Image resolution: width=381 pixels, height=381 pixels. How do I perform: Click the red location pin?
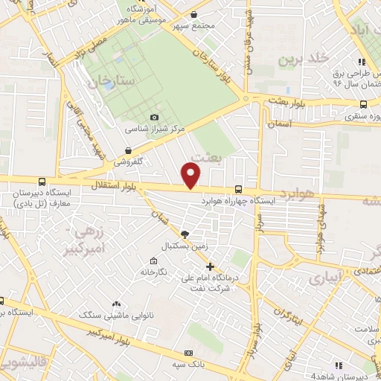pyautogui.click(x=192, y=175)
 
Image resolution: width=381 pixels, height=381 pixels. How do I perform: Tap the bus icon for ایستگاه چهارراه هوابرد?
pyautogui.click(x=238, y=189)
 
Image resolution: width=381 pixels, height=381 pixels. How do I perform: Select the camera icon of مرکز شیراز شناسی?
pyautogui.click(x=154, y=117)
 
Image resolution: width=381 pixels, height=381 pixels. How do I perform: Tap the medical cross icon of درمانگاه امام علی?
pyautogui.click(x=210, y=266)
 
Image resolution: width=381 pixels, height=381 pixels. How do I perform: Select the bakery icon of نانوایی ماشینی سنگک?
pyautogui.click(x=116, y=304)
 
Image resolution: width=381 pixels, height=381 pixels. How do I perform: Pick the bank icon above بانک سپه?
pyautogui.click(x=188, y=352)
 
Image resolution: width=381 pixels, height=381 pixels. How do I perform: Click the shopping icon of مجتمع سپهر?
pyautogui.click(x=193, y=14)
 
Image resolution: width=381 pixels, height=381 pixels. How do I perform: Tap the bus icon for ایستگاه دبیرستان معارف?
pyautogui.click(x=40, y=181)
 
